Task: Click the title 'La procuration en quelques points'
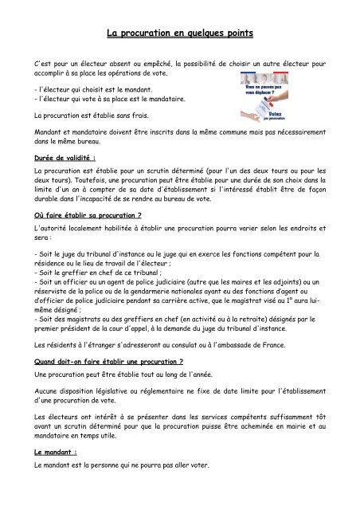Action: (179, 34)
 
